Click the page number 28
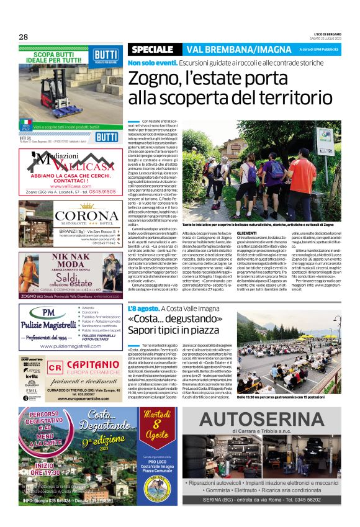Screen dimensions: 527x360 pyautogui.click(x=24, y=37)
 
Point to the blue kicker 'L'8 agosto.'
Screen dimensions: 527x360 pyautogui.click(x=143, y=309)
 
